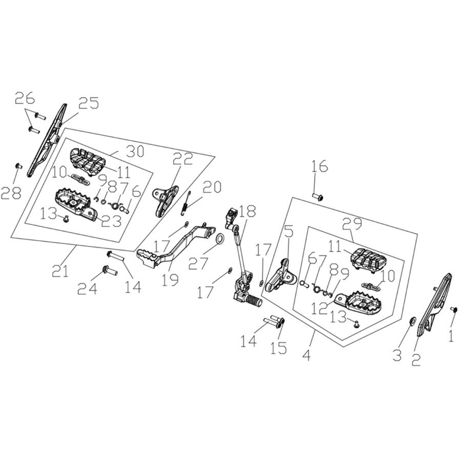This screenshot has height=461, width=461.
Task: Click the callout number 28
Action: point(11,193)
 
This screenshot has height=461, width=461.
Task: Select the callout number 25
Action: point(88,103)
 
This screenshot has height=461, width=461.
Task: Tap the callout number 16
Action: point(319,166)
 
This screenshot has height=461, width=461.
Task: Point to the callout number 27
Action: point(198,263)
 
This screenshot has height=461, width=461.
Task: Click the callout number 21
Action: point(60,271)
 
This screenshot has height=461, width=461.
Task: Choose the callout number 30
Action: point(135,151)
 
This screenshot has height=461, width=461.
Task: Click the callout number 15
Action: point(279,348)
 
